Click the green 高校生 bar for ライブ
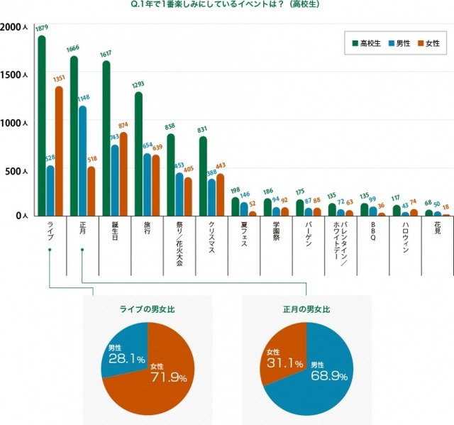(x=41, y=128)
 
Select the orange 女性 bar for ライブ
(x=58, y=153)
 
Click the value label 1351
(x=60, y=79)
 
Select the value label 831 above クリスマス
(x=202, y=129)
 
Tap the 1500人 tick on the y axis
(x=14, y=74)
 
